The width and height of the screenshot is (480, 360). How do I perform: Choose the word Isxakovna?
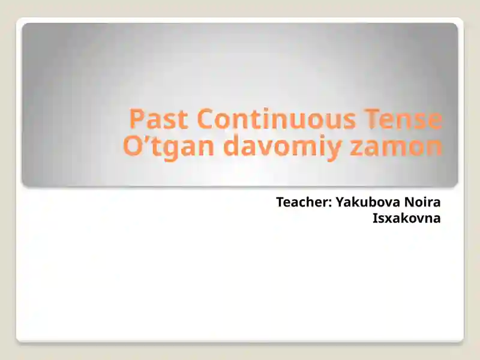[x=406, y=218]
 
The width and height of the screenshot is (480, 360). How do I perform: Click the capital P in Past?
[x=137, y=119]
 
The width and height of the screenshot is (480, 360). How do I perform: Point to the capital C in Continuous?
[x=206, y=119]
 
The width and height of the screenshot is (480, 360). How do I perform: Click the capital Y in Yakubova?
[x=339, y=203]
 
